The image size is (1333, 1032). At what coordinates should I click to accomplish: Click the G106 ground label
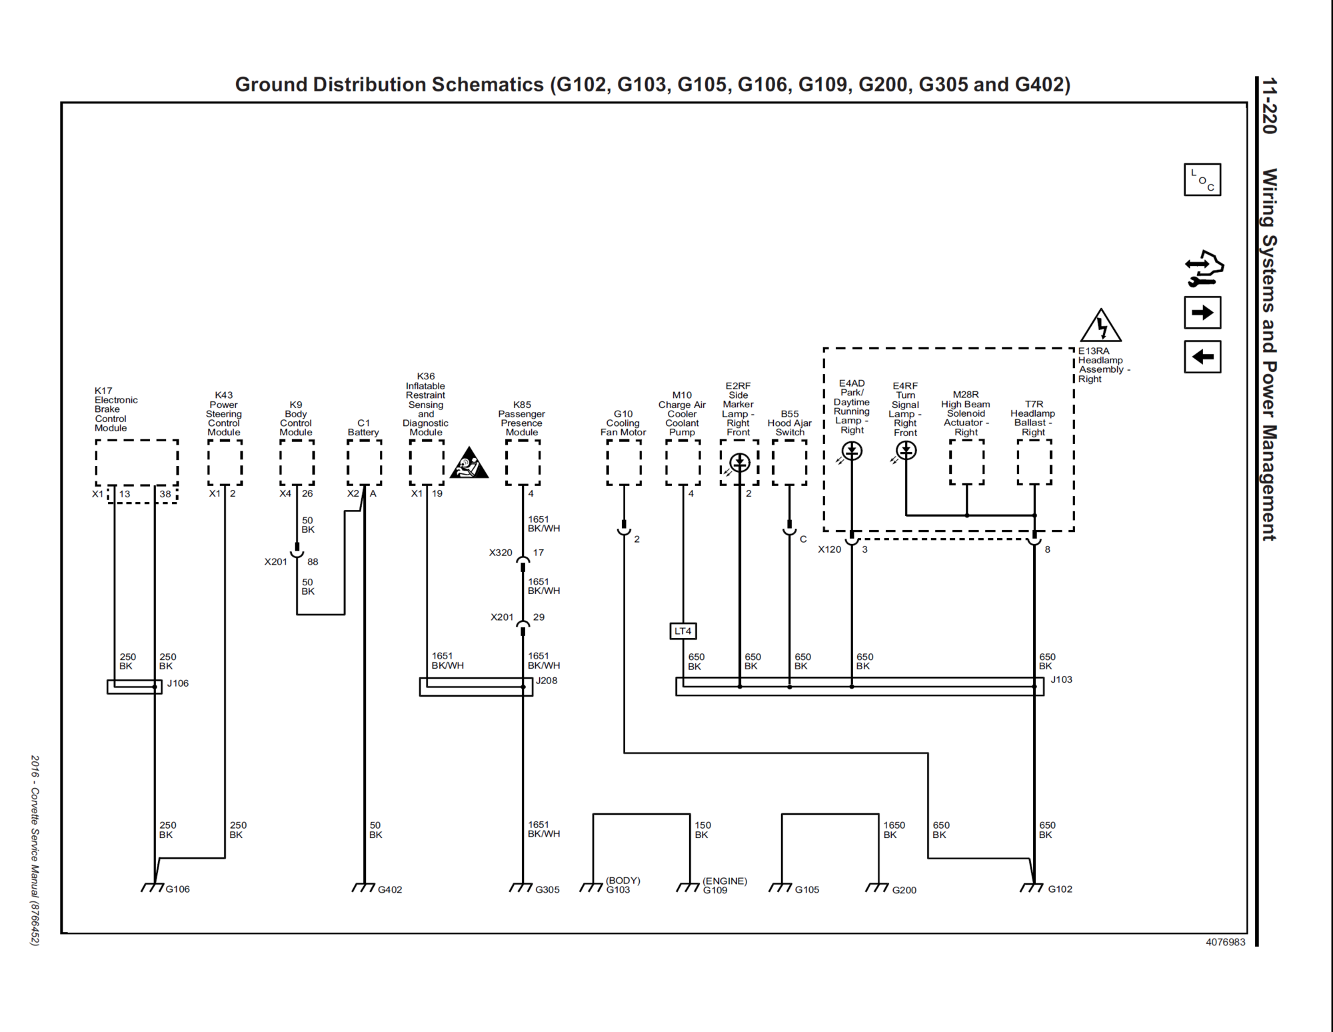point(177,889)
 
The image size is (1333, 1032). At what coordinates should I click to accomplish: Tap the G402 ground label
point(390,890)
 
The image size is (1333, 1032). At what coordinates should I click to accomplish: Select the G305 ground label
point(547,890)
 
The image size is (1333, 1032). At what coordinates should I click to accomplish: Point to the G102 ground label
point(1060,889)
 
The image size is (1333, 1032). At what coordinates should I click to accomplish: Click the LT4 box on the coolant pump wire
point(682,631)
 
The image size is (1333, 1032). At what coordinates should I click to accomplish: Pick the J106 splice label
point(178,683)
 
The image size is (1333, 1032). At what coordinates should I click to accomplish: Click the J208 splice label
point(547,681)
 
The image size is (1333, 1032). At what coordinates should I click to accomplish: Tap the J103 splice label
point(1061,679)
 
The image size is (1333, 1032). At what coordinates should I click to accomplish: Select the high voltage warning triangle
point(1100,325)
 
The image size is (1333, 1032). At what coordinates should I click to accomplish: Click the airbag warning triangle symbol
point(469,463)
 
